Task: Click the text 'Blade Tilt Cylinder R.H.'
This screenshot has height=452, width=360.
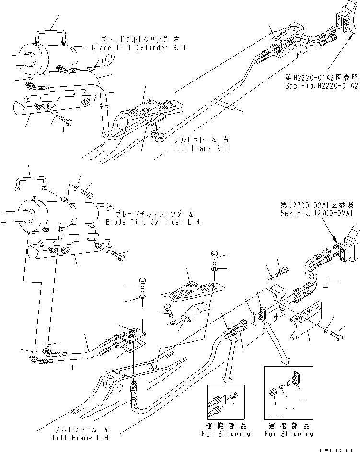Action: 139,47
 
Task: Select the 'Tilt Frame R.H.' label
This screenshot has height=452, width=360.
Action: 200,148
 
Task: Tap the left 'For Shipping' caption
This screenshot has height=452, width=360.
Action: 229,433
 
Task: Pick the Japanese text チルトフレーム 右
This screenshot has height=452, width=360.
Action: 200,140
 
